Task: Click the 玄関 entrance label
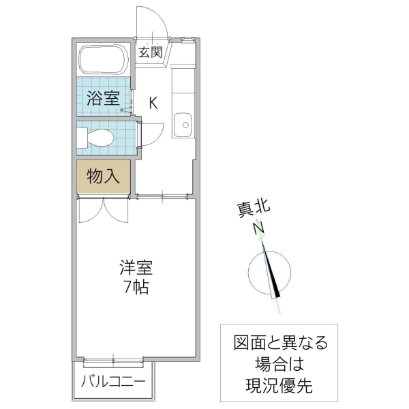[150, 52]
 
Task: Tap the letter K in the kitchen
[153, 103]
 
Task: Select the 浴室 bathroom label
[104, 97]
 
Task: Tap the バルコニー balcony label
[112, 381]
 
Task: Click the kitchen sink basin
[183, 124]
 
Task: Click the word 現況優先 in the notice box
[280, 386]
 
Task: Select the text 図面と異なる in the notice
[280, 342]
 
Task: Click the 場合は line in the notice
[280, 363]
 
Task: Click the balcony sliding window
[113, 359]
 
